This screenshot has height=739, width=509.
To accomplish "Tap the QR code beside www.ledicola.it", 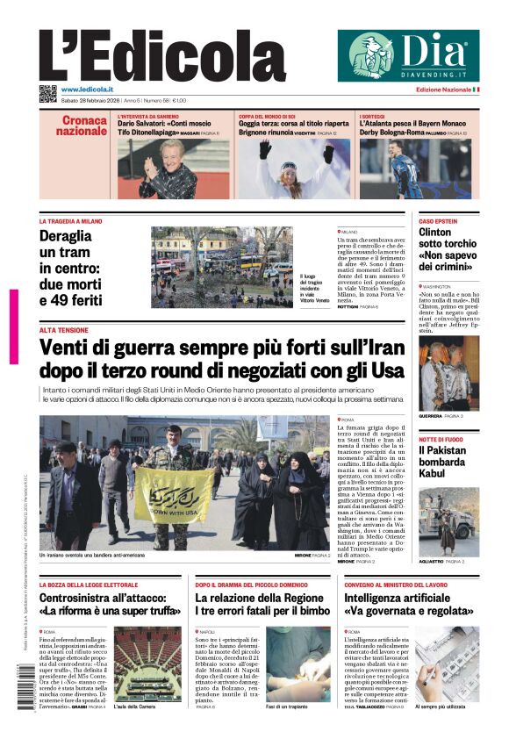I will pyautogui.click(x=47, y=93).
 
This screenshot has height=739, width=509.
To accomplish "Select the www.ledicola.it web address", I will pyautogui.click(x=90, y=90).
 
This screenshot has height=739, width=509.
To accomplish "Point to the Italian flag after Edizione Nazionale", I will pyautogui.click(x=476, y=90).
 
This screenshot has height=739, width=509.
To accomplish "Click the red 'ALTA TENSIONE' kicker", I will pyautogui.click(x=63, y=330).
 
